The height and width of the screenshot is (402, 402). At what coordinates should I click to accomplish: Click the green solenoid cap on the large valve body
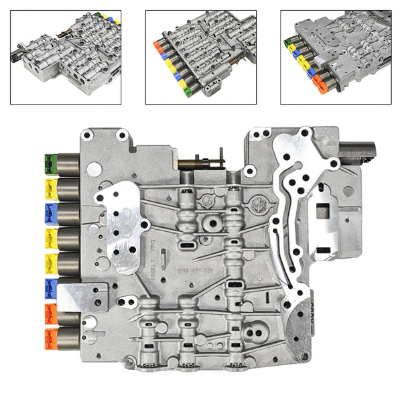click(49, 163)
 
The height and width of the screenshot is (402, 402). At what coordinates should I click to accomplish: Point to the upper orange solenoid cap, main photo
click(49, 312)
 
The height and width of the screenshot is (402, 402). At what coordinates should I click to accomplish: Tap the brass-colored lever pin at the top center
click(201, 162)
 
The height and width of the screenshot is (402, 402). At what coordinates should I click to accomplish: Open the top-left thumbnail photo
click(66, 57)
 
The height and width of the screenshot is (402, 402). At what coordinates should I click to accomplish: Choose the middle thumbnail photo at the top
click(201, 57)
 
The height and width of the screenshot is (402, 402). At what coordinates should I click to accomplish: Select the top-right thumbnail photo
click(335, 57)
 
